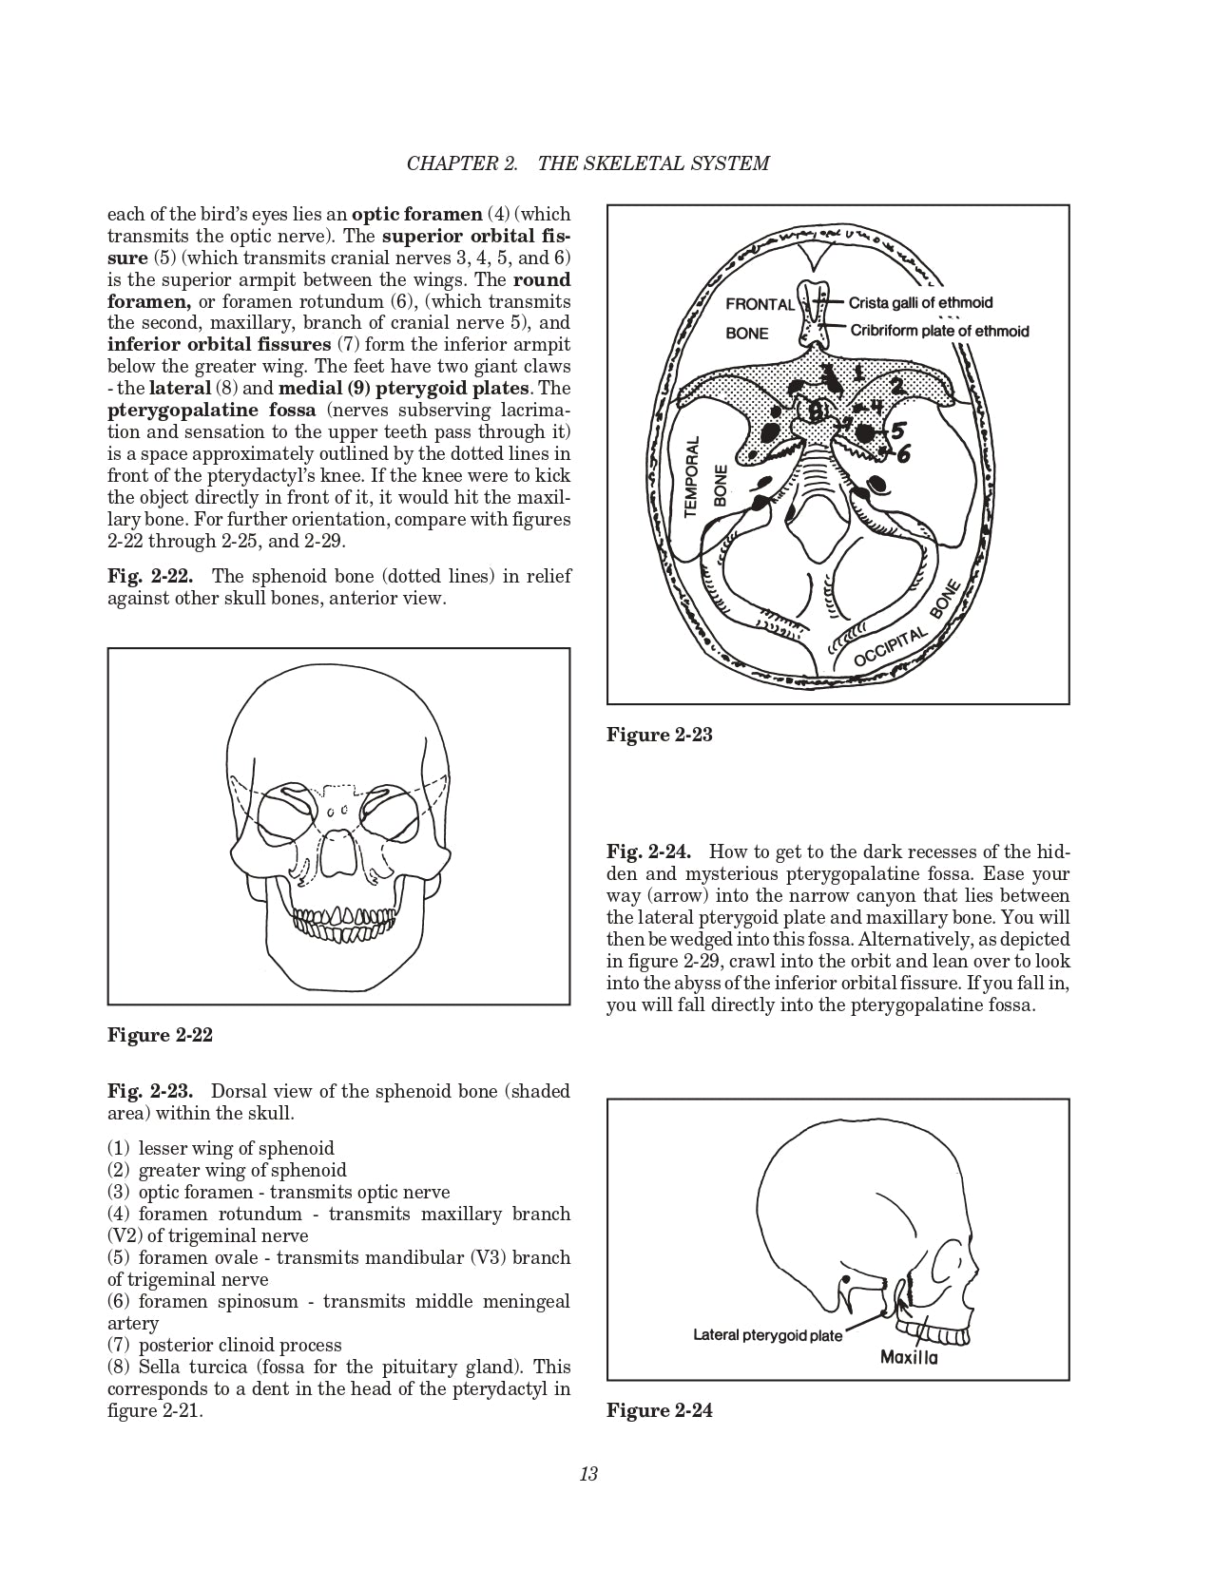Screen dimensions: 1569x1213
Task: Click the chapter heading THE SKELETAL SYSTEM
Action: (653, 163)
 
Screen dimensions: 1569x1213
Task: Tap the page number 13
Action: (587, 1475)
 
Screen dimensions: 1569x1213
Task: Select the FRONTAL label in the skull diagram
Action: (760, 305)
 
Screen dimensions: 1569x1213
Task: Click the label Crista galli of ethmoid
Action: (919, 303)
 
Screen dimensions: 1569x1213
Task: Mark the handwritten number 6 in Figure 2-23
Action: (902, 454)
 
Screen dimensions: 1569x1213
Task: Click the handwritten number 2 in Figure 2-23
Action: (895, 385)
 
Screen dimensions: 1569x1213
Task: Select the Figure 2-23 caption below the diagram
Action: (659, 735)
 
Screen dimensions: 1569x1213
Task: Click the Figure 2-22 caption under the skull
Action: (160, 1035)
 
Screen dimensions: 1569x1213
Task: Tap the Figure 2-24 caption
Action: (659, 1410)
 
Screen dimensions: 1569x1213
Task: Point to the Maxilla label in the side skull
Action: (909, 1357)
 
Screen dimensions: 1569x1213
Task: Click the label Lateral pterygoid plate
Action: (767, 1335)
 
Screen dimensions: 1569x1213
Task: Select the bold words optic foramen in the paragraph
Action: (416, 214)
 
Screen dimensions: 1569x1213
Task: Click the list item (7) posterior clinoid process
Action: (224, 1345)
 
